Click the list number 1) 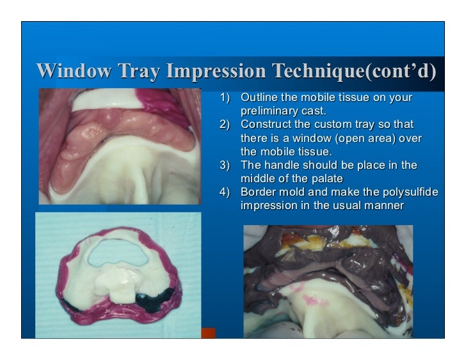click(224, 98)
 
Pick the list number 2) click(224, 124)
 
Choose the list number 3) click(224, 165)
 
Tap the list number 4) click(224, 192)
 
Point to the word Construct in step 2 click(266, 124)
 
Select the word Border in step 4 click(256, 192)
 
